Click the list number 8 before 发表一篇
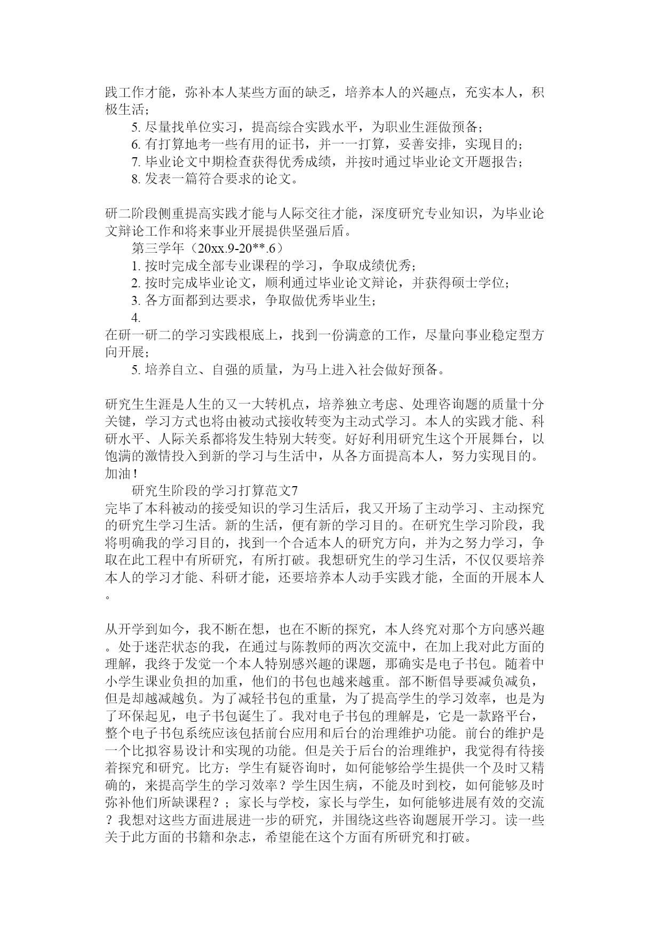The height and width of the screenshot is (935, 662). [x=135, y=179]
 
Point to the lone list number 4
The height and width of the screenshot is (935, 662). [x=135, y=318]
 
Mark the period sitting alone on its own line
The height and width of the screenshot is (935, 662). [x=109, y=596]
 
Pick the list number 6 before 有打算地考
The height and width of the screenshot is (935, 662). [x=135, y=144]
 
